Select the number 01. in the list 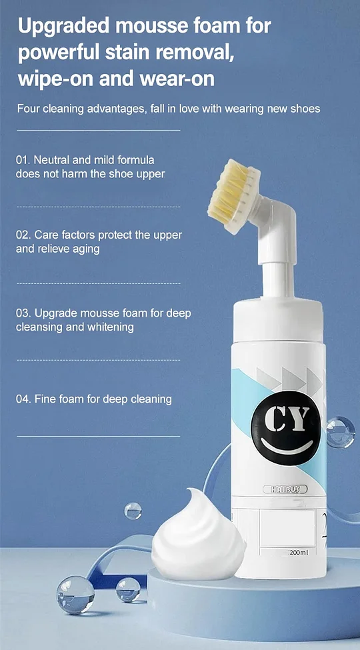click(23, 159)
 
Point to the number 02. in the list click(23, 235)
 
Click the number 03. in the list click(23, 313)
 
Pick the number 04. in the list click(23, 399)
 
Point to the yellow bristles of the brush click(227, 191)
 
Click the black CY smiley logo click(286, 428)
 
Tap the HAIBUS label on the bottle click(285, 489)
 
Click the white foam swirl click(198, 537)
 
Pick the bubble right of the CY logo click(341, 433)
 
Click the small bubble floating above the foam click(133, 511)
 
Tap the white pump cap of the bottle click(278, 321)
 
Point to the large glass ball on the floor click(75, 595)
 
